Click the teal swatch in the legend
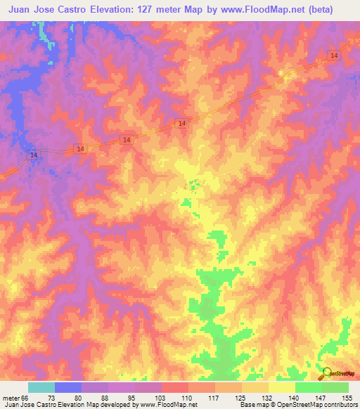tap(41, 387)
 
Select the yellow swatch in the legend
tap(281, 387)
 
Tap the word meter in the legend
tap(11, 398)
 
